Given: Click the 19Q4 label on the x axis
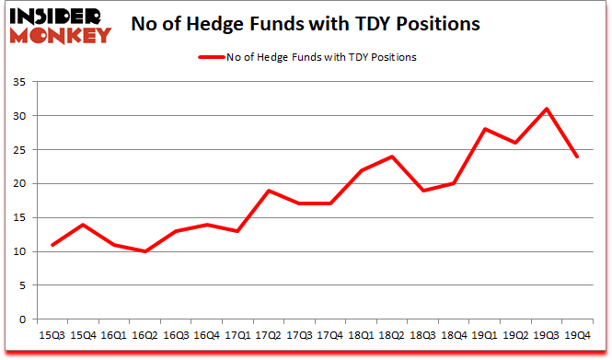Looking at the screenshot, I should pyautogui.click(x=577, y=336).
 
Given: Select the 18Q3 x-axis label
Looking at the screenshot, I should pyautogui.click(x=423, y=336).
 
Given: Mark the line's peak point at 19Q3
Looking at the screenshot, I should pyautogui.click(x=547, y=109).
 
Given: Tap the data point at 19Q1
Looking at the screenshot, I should pyautogui.click(x=485, y=129).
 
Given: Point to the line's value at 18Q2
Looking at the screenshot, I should pyautogui.click(x=393, y=157).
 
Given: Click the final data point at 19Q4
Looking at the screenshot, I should pyautogui.click(x=577, y=157).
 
